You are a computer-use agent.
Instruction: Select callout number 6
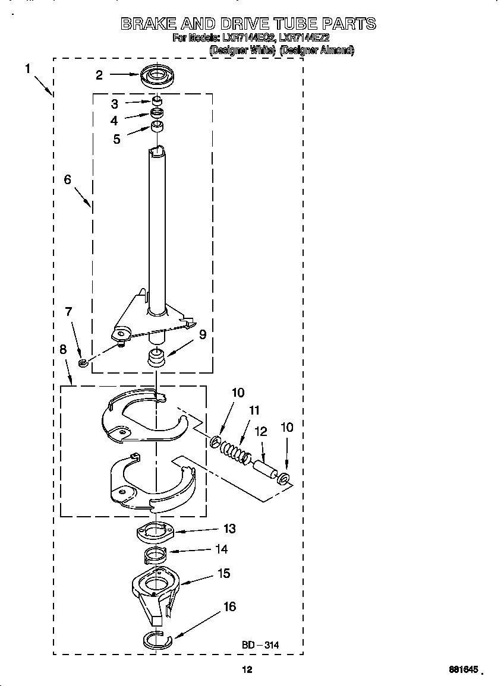(x=68, y=179)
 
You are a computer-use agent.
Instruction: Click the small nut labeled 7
(x=84, y=362)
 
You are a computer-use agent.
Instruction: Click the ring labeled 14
(x=155, y=557)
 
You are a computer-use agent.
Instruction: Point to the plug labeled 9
(x=156, y=358)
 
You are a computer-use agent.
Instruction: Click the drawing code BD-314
(x=260, y=645)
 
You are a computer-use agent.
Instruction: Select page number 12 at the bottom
(x=247, y=669)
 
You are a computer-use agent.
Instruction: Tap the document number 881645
(x=463, y=669)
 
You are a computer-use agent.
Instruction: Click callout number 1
(x=28, y=69)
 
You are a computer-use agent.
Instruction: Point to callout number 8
(x=63, y=350)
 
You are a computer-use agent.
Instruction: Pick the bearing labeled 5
(x=157, y=127)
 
